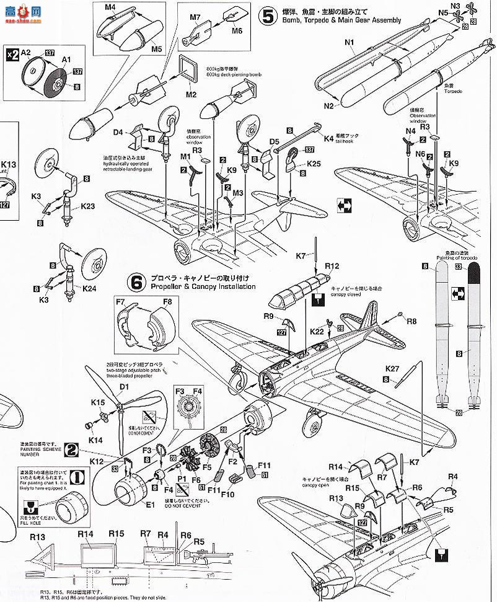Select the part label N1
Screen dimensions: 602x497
tap(348, 43)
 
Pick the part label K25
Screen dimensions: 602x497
tap(314, 165)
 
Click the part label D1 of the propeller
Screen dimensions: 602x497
tap(124, 387)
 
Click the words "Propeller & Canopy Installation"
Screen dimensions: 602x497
tap(201, 287)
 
